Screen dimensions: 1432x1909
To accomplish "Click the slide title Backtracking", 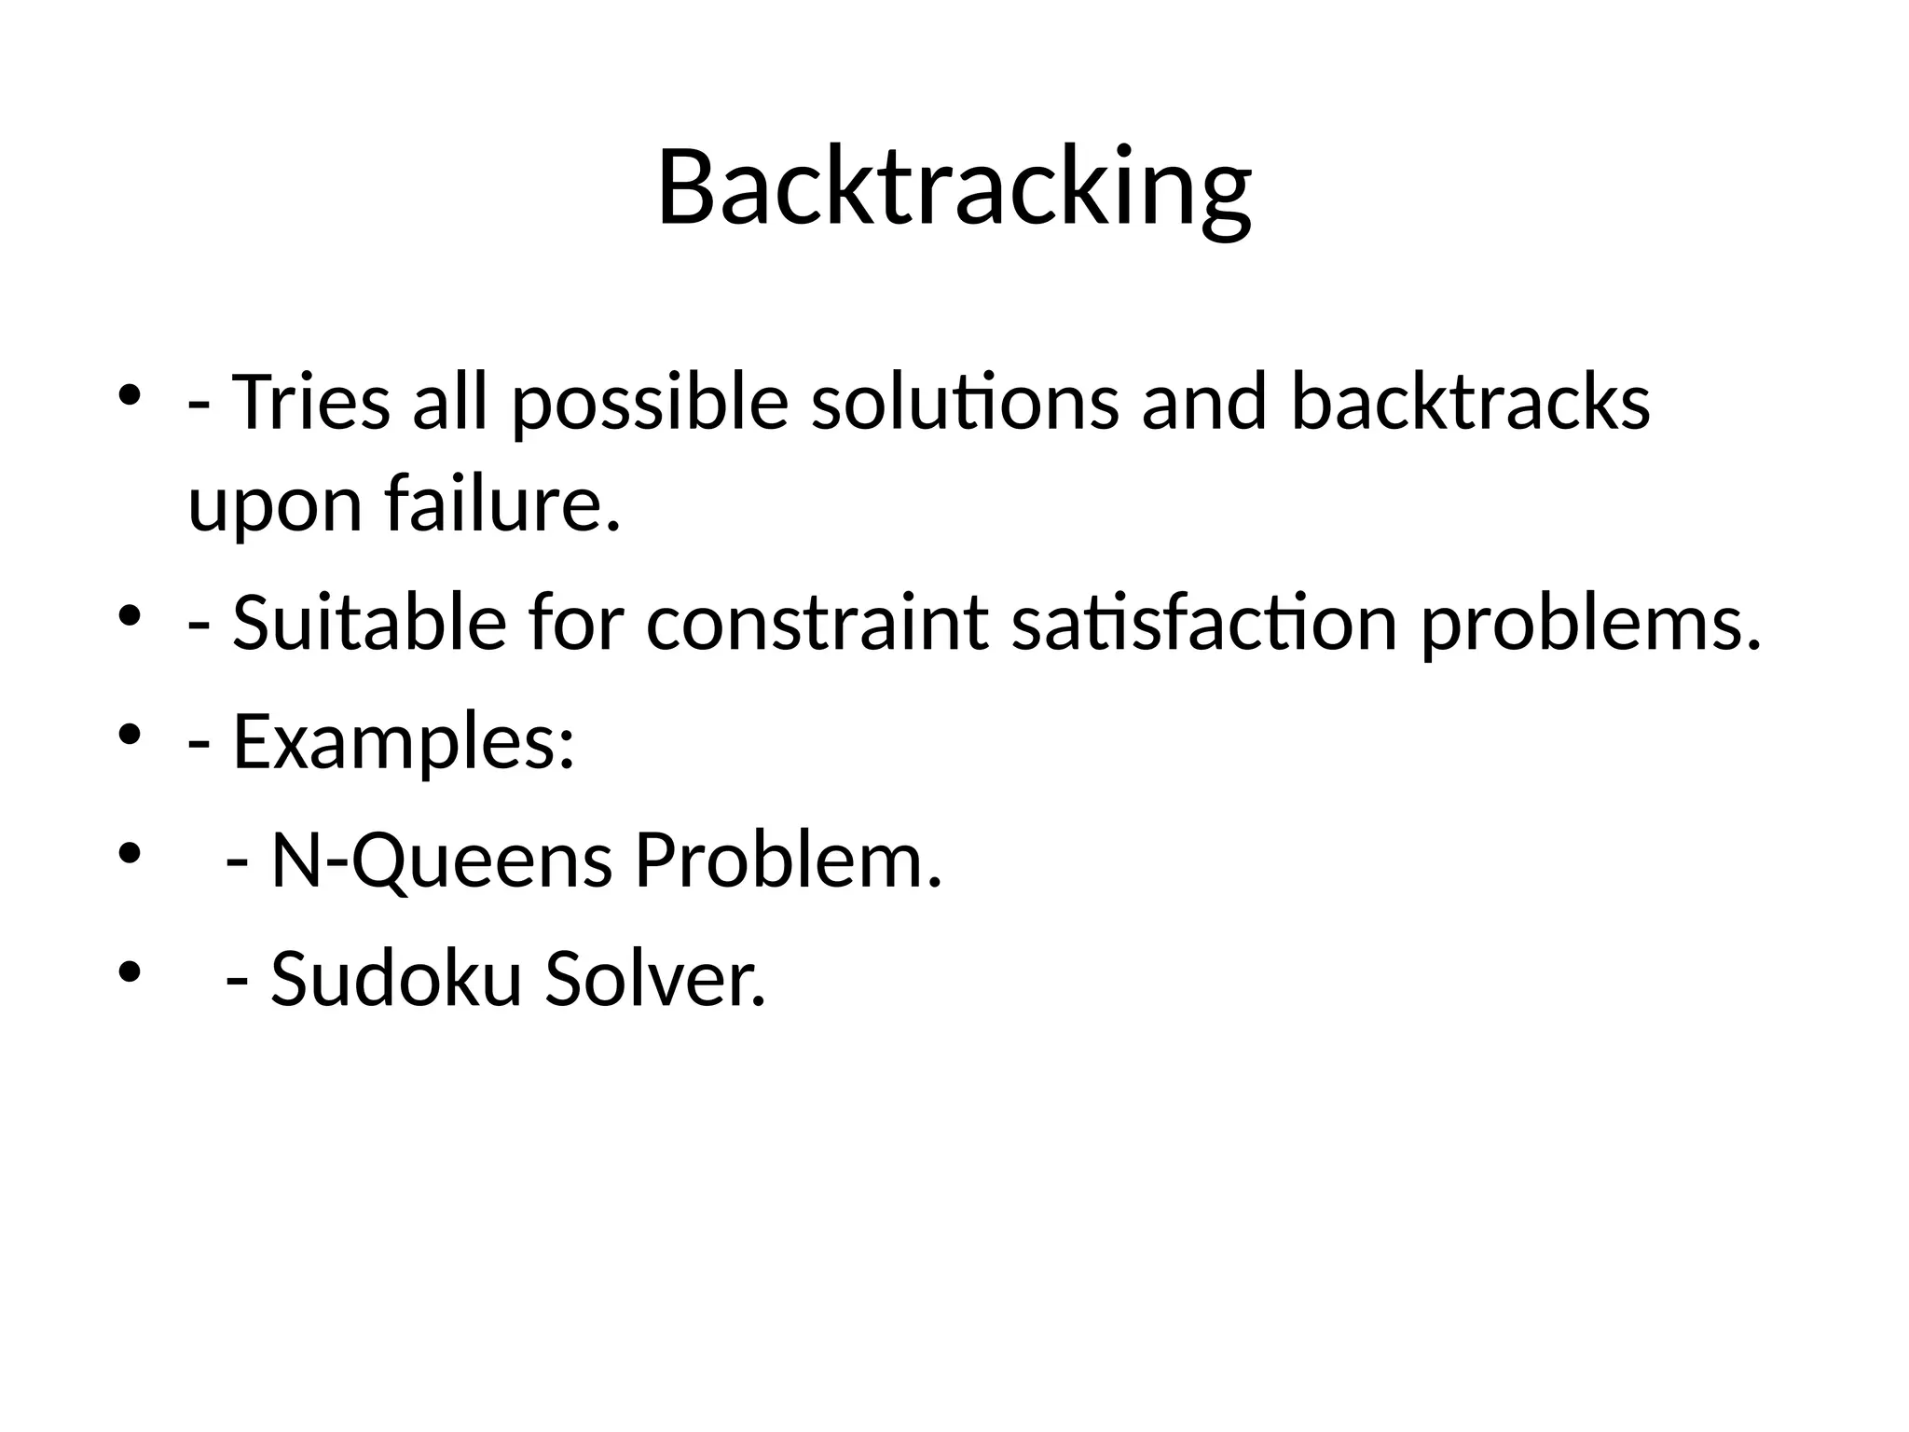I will point(954,186).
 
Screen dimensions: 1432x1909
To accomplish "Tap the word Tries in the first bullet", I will point(310,403).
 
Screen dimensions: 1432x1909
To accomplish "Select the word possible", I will point(650,403).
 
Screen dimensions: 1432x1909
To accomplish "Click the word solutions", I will point(965,403).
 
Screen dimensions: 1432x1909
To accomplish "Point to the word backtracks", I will point(1470,403).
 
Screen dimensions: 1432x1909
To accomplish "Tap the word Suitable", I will point(369,623).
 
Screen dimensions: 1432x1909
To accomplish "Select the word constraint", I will point(817,623).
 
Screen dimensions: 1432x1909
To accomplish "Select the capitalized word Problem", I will point(789,860).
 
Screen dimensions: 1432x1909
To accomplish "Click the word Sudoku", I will point(395,978).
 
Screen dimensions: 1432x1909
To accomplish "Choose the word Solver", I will point(655,978).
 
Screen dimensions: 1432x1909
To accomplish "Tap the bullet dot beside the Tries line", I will point(129,395).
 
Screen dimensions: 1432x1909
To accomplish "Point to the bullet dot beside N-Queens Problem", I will point(129,854).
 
